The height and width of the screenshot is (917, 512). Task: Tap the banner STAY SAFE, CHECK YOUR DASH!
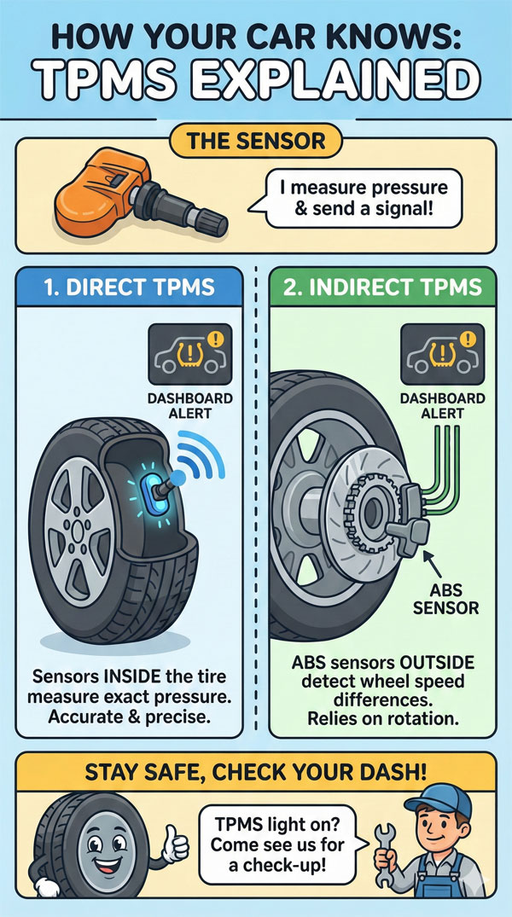pos(255,773)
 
